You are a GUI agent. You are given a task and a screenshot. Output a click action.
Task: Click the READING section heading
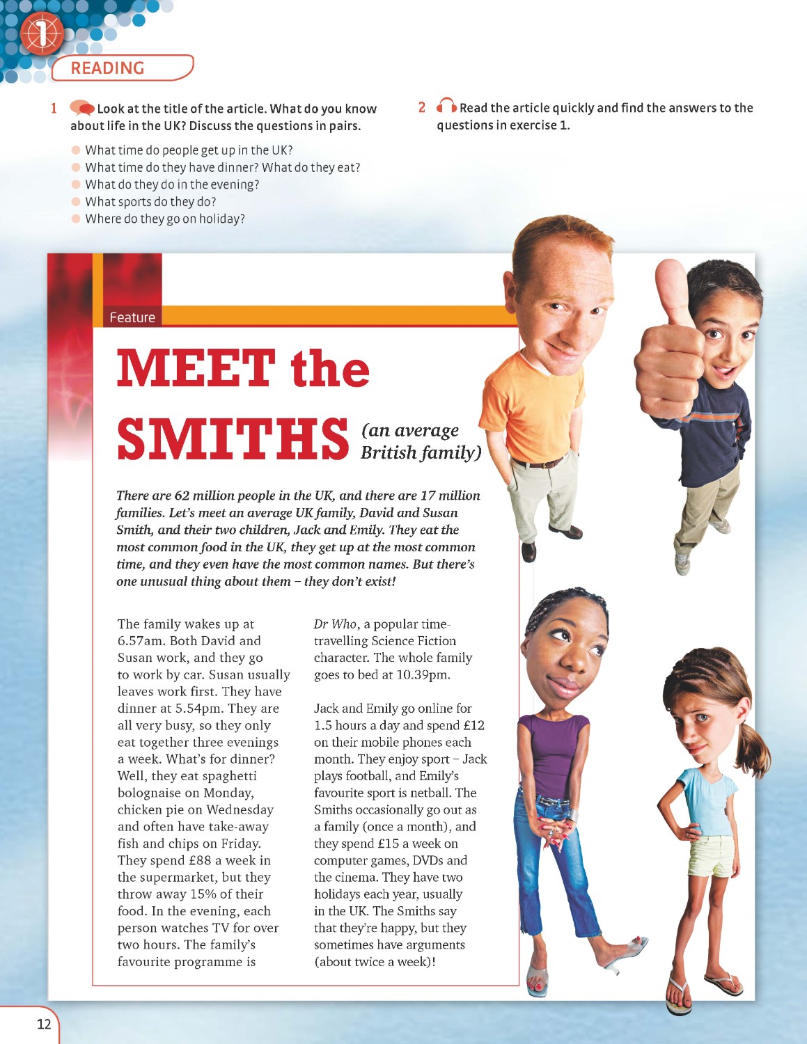[x=107, y=68]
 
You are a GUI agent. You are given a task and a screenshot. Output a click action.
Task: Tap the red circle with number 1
[x=41, y=33]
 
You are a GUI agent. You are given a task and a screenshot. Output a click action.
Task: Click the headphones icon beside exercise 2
[x=446, y=107]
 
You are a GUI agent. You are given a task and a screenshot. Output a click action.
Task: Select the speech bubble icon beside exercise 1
[x=82, y=109]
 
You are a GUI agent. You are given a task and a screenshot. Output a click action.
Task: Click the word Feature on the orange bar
[x=132, y=317]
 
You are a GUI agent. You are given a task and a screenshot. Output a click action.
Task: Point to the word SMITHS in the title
[x=233, y=438]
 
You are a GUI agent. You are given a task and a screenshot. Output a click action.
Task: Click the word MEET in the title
[x=196, y=368]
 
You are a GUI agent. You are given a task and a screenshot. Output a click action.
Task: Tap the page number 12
[x=44, y=1024]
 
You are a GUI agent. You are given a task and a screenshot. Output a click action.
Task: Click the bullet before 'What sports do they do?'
[x=77, y=202]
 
